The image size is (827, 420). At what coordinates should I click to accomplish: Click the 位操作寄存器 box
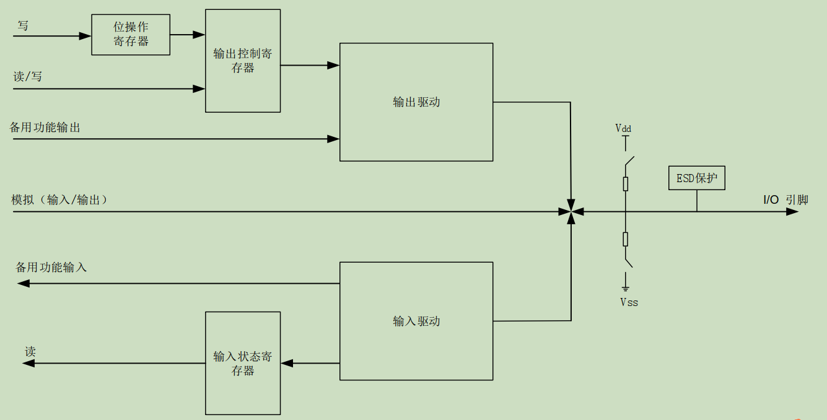(131, 35)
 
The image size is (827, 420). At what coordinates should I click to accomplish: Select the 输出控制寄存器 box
(243, 61)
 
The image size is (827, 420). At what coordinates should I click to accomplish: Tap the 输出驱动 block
(416, 102)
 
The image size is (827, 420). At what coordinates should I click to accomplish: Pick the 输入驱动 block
(416, 321)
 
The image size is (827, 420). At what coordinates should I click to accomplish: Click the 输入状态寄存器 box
(243, 363)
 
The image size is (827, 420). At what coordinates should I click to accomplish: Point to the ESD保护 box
(697, 178)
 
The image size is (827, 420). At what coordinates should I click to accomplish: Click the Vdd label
(623, 128)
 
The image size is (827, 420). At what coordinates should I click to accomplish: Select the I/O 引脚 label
(785, 199)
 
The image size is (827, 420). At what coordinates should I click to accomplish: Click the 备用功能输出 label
(45, 128)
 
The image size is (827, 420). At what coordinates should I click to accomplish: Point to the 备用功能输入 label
(51, 268)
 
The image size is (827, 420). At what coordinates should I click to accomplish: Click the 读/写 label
(28, 77)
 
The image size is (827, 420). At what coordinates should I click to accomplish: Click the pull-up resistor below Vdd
(626, 183)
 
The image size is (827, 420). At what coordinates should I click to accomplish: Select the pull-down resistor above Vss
(626, 239)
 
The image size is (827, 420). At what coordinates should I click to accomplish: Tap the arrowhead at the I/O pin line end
(792, 212)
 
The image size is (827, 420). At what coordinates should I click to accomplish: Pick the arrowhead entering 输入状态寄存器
(287, 363)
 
